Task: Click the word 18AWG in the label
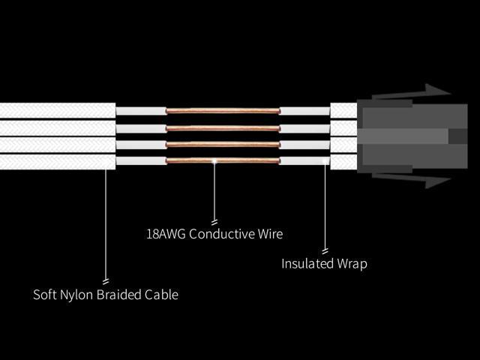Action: tap(166, 234)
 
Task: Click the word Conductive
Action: tap(221, 234)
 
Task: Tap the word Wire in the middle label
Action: tap(270, 234)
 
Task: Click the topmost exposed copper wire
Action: tap(223, 111)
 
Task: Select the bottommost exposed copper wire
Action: tap(223, 160)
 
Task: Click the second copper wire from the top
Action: tap(223, 127)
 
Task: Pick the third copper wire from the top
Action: tap(223, 144)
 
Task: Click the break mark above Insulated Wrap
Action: tap(325, 250)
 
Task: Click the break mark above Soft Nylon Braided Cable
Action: tap(106, 280)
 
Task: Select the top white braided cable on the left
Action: tap(57, 110)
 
